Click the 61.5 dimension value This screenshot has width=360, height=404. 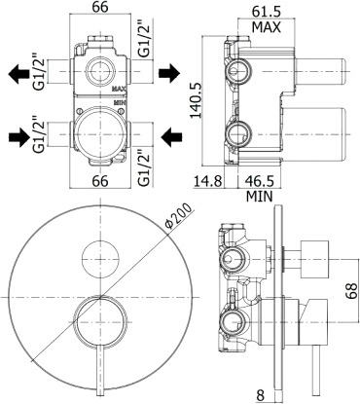click(266, 12)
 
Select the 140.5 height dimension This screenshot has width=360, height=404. click(196, 100)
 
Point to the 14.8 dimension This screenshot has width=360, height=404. click(207, 181)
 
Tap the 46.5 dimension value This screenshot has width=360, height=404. click(260, 181)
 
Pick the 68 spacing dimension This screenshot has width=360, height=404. click(351, 291)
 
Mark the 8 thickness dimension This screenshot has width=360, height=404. click(261, 395)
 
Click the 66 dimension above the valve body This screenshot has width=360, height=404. click(99, 7)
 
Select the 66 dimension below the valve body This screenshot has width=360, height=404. click(100, 181)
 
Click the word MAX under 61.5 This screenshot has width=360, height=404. click(267, 27)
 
